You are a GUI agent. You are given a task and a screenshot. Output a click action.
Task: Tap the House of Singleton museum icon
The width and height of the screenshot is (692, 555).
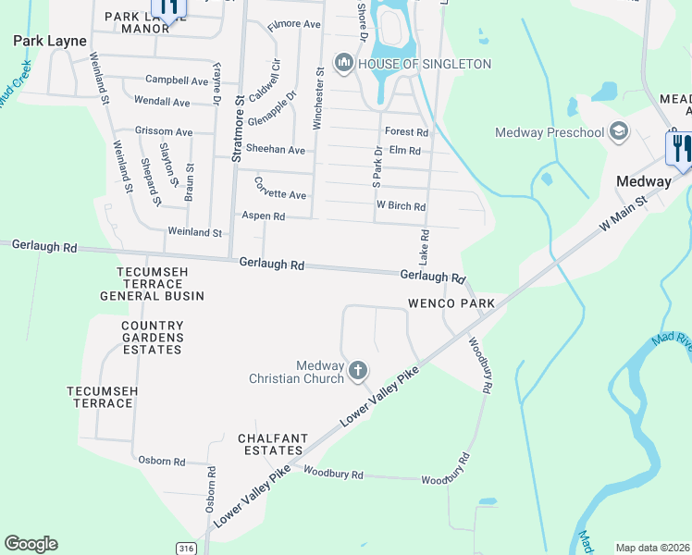click(x=344, y=63)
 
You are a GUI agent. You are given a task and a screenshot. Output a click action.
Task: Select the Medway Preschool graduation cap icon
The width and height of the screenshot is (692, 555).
click(x=618, y=131)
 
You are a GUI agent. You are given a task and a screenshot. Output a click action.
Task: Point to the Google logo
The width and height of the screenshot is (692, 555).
click(x=31, y=544)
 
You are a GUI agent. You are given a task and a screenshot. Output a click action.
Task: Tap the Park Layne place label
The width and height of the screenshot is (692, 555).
click(x=50, y=41)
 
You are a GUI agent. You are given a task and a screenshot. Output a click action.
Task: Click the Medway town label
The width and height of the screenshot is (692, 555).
click(x=644, y=181)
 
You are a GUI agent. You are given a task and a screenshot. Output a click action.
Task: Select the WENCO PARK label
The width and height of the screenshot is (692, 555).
click(x=451, y=303)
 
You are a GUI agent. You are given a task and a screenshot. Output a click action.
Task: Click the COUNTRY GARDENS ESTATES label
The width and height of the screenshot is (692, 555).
click(x=153, y=338)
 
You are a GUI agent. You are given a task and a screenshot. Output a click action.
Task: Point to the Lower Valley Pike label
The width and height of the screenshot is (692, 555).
click(x=379, y=399)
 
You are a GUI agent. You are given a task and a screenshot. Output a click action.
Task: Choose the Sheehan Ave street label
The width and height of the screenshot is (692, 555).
click(x=275, y=150)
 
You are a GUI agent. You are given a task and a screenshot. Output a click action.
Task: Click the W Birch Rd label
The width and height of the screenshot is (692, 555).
click(x=400, y=206)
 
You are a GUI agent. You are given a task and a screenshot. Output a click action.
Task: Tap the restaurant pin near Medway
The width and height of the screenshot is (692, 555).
click(x=677, y=148)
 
